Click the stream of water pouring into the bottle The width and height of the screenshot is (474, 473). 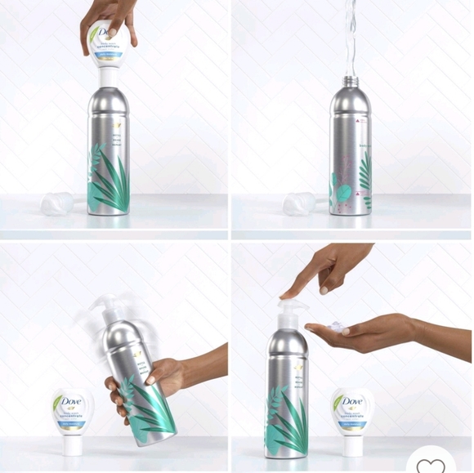(x=350, y=37)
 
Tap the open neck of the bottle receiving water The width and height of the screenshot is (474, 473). (x=350, y=80)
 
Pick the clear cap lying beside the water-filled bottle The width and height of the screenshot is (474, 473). (x=297, y=203)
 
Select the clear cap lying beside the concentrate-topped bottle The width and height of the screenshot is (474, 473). (x=57, y=203)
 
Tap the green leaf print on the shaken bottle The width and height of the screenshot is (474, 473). (x=151, y=408)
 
